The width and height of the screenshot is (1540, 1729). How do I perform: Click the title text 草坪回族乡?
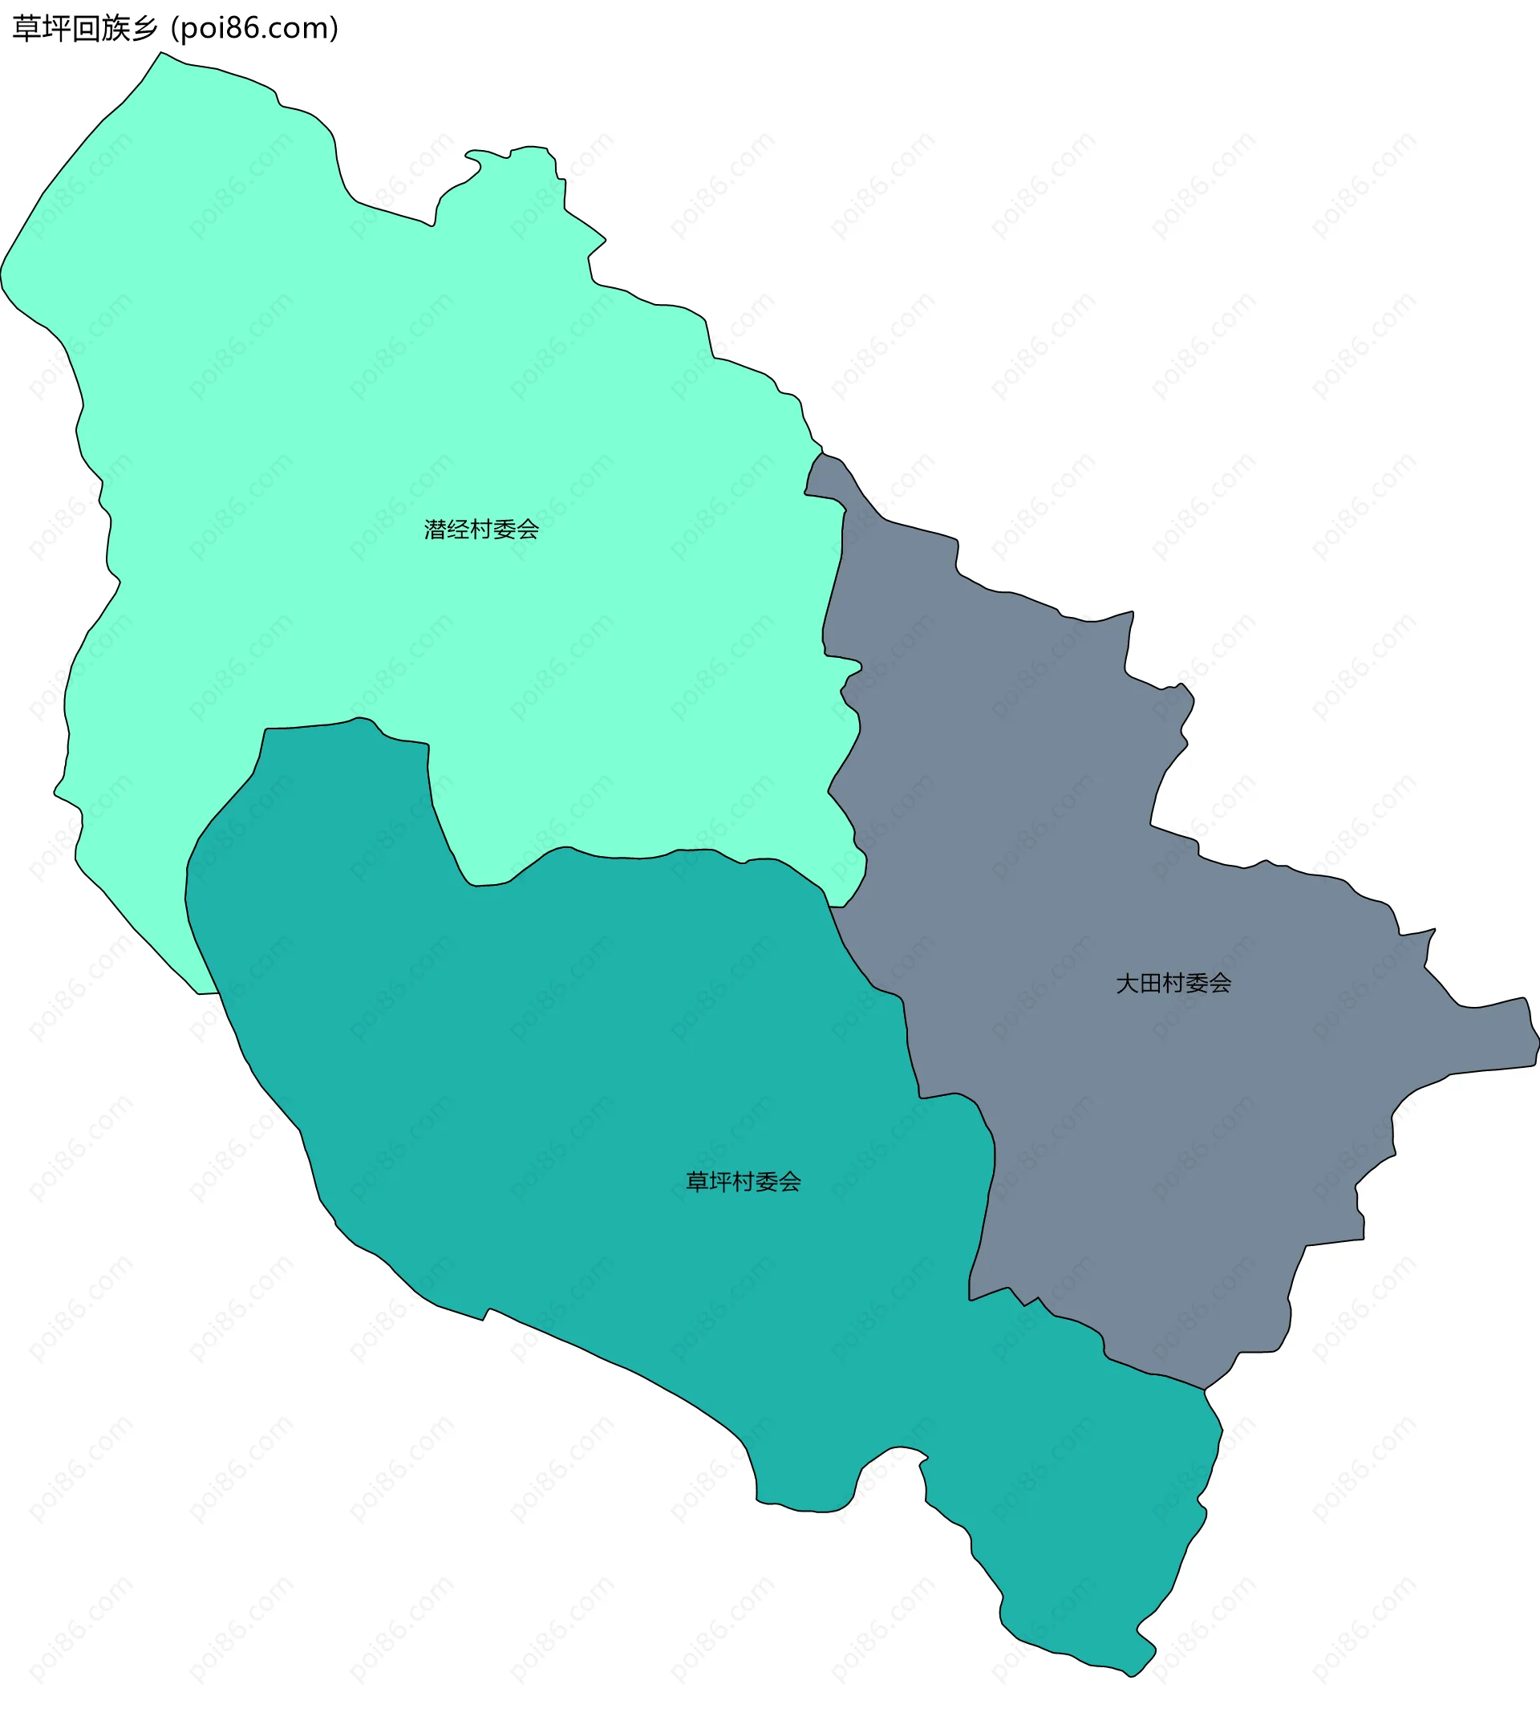point(84,29)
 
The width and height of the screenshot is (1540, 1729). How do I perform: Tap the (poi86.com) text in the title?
point(255,29)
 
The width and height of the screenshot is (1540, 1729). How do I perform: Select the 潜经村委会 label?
point(481,530)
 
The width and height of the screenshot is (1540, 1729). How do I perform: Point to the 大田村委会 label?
point(1173,984)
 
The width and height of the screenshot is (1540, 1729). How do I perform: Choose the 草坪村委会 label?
point(743,1182)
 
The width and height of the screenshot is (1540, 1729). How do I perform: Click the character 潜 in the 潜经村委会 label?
point(435,530)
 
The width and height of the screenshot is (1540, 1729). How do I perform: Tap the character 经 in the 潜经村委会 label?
point(458,530)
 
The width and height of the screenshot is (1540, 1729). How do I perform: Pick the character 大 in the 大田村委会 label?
point(1127,984)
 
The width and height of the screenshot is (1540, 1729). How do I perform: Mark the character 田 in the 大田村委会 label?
point(1150,984)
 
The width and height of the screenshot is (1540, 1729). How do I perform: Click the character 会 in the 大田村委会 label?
point(1220,984)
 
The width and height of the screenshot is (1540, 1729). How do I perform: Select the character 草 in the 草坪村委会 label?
point(696,1182)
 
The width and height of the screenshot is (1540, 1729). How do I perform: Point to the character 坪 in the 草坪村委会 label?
point(719,1182)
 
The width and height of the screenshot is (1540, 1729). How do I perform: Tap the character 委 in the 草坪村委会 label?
point(766,1182)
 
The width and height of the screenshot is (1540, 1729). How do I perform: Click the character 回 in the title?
point(84,29)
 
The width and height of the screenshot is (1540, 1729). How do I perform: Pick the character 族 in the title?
point(114,29)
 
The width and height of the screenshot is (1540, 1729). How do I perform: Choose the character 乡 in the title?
point(144,29)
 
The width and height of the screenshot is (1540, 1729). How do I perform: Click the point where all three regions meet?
point(830,907)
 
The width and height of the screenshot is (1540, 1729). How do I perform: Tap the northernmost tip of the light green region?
point(160,52)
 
